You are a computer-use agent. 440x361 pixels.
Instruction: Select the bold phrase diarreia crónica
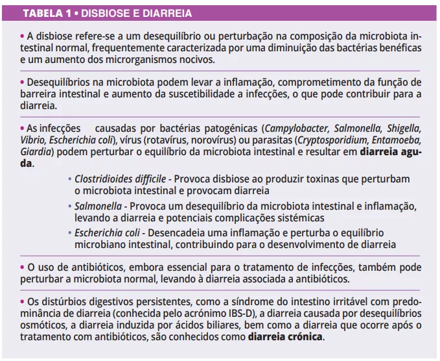point(285,338)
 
